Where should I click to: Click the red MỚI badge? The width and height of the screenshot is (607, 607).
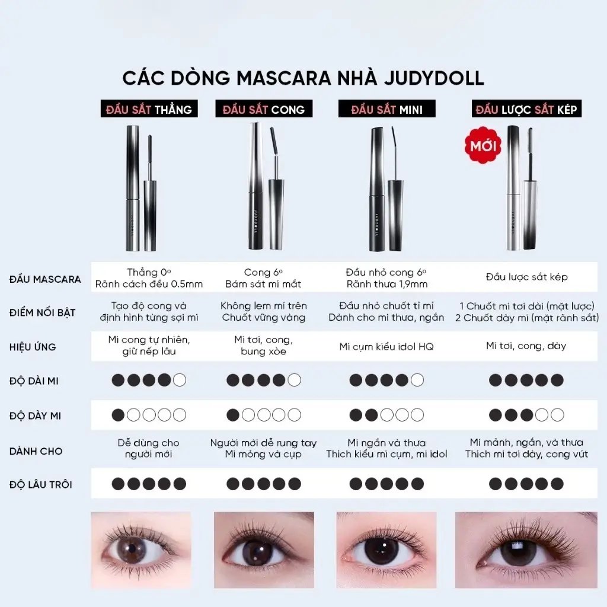(x=483, y=145)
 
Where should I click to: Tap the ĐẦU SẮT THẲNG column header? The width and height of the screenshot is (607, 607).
(x=149, y=109)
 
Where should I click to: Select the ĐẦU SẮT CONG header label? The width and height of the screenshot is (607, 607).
(x=264, y=109)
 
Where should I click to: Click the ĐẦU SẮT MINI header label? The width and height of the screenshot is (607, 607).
(x=386, y=109)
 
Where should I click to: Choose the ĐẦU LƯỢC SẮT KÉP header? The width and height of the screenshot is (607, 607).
(x=526, y=109)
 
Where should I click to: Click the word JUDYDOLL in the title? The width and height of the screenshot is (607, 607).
(x=434, y=78)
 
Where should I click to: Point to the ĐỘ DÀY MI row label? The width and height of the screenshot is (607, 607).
(x=35, y=416)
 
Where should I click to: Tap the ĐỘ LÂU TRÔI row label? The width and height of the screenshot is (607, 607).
(x=41, y=484)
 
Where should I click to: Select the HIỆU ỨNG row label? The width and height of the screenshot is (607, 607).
(x=33, y=347)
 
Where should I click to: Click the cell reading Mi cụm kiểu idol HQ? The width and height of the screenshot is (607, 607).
(x=386, y=346)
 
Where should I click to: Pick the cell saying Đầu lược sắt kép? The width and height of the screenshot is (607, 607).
(x=526, y=277)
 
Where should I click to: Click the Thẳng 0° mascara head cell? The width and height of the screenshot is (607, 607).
(x=149, y=278)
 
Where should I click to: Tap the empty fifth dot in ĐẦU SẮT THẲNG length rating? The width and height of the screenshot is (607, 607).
(x=180, y=380)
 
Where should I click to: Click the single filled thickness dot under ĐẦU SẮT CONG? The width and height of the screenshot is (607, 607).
(x=232, y=415)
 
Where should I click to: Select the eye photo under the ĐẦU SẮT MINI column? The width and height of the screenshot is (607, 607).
(x=386, y=550)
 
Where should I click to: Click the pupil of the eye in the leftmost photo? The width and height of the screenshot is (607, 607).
(x=132, y=549)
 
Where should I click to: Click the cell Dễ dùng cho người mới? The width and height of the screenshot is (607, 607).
(x=149, y=448)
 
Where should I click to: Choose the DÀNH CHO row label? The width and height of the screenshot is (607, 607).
(x=36, y=451)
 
